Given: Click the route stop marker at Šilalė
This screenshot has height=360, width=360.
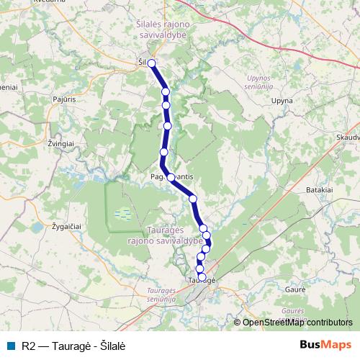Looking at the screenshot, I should tap(152, 63).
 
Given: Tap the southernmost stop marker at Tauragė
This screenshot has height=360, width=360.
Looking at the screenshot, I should tap(202, 276).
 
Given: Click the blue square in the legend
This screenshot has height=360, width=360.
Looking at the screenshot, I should tap(11, 346).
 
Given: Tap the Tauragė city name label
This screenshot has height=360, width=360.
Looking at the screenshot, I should tap(202, 279).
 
